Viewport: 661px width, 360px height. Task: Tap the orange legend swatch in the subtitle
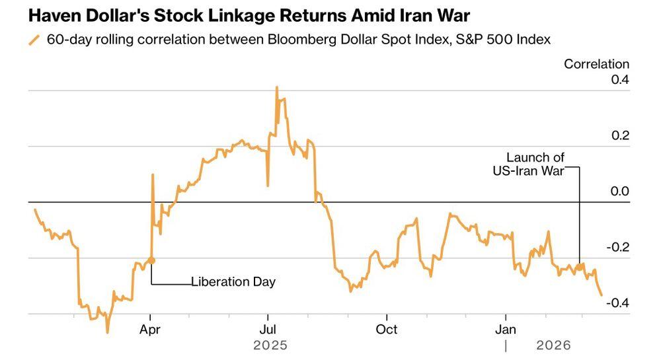click(34, 40)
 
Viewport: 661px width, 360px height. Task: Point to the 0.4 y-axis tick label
click(620, 80)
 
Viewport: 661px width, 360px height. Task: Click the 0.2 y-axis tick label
click(620, 136)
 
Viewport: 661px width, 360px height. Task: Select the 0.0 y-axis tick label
click(620, 192)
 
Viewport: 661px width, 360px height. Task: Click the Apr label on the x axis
click(151, 328)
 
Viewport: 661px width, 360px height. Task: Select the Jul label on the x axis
click(267, 328)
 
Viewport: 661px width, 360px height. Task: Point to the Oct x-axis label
click(386, 328)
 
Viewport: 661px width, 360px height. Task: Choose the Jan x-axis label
click(506, 328)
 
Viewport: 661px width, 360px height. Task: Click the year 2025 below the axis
click(270, 345)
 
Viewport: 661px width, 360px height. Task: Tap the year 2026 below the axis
click(553, 345)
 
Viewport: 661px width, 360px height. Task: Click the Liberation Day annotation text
click(233, 282)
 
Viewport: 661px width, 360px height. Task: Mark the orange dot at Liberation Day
click(151, 261)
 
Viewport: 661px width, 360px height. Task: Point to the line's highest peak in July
click(276, 87)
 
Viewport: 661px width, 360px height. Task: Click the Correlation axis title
click(596, 64)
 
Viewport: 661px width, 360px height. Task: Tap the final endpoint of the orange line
click(602, 295)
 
